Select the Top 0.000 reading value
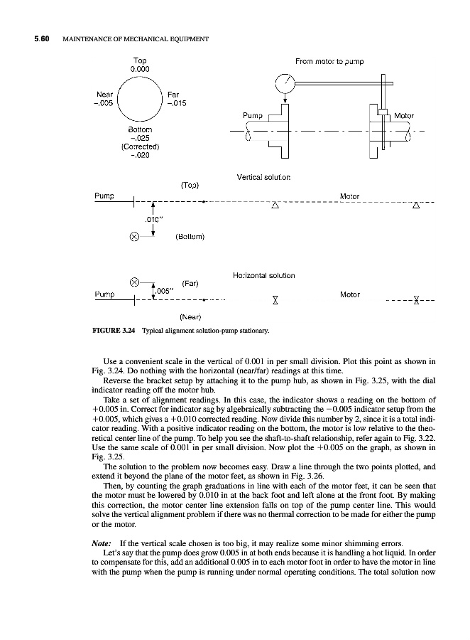(140, 70)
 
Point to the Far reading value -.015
(176, 102)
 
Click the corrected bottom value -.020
(140, 156)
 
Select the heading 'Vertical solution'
(261, 176)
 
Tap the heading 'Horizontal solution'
(263, 274)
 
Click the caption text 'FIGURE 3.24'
(114, 331)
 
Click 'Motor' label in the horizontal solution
(349, 294)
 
